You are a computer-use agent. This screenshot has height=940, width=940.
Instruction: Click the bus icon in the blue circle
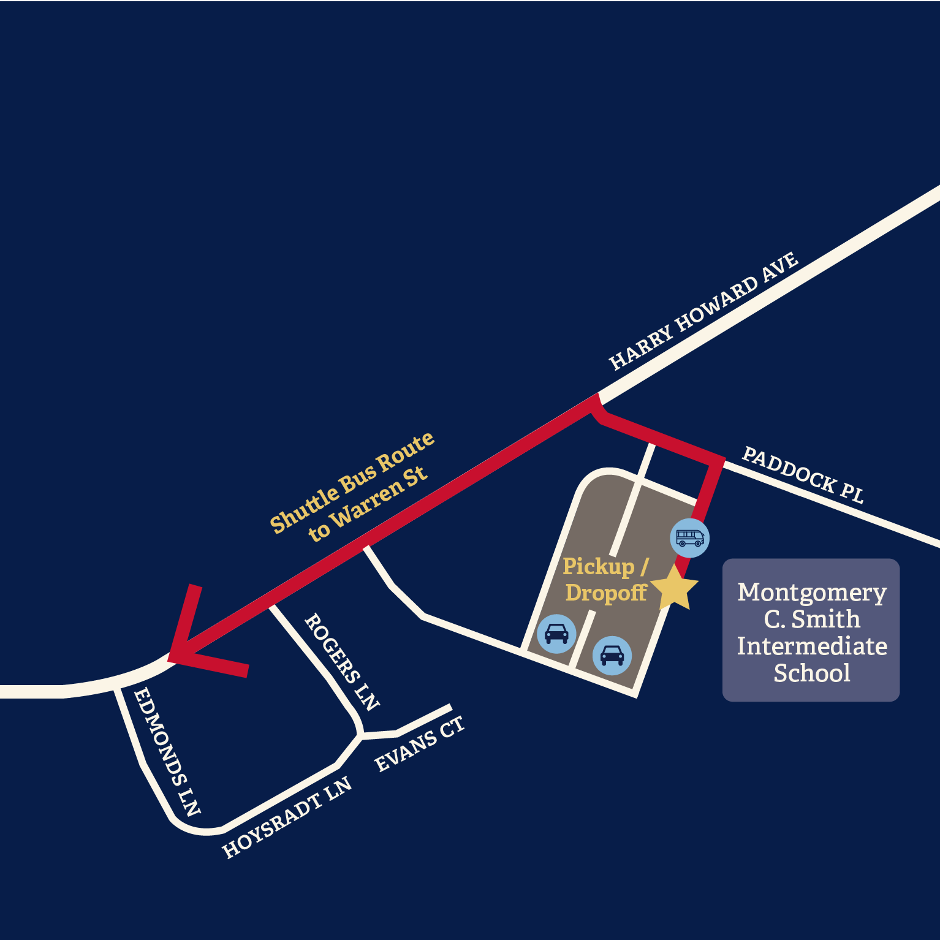pos(690,538)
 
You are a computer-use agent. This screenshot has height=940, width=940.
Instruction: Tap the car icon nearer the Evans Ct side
pos(556,634)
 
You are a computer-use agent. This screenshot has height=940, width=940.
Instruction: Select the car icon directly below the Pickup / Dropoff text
pos(612,656)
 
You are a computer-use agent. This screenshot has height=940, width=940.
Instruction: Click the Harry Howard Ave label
pos(703,311)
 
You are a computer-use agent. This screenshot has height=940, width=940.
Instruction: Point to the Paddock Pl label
pos(803,475)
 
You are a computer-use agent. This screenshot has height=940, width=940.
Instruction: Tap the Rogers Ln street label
pos(342,661)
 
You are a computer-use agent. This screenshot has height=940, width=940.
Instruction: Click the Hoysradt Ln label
pos(287,817)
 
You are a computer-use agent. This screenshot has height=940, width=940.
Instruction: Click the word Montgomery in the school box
pos(812,593)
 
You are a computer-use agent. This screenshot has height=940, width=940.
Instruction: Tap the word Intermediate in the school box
pos(812,646)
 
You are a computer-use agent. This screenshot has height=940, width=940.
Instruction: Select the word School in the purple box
pos(812,673)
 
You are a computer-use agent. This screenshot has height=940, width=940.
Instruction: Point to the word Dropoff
pos(606,593)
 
